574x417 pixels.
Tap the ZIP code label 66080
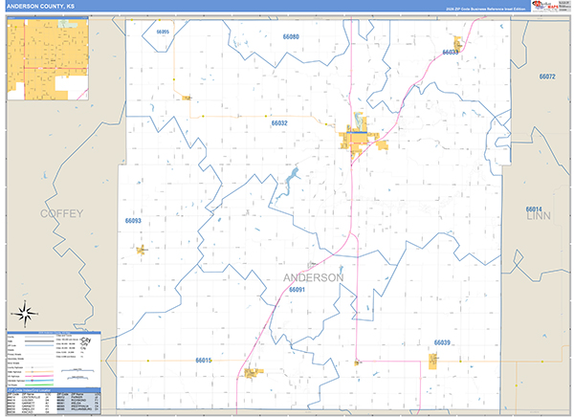(291, 36)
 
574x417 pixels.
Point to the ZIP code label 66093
(133, 221)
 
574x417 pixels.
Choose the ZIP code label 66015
(203, 361)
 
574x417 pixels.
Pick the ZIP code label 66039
(441, 342)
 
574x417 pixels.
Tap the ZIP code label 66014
(534, 208)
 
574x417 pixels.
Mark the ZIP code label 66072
(547, 76)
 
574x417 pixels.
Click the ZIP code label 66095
(161, 33)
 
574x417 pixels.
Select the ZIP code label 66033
(451, 53)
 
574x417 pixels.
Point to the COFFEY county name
(61, 213)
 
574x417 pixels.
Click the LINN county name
(540, 217)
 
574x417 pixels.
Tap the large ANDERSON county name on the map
(314, 277)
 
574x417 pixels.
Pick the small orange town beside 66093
(142, 251)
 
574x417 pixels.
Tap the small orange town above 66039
(433, 361)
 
